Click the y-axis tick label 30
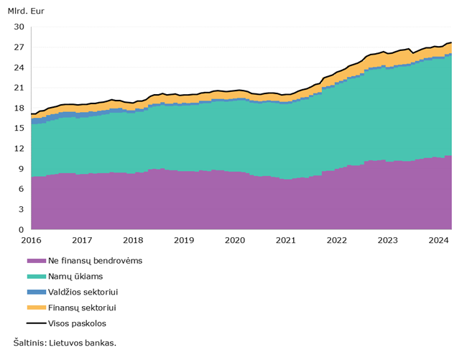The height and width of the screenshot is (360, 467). (x=19, y=27)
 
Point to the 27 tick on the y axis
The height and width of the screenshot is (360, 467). (x=19, y=47)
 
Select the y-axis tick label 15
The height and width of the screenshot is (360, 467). (x=19, y=128)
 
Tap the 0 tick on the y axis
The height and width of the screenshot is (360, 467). (x=21, y=229)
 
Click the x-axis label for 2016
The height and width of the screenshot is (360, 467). (x=31, y=240)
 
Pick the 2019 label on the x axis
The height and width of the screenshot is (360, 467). (x=184, y=240)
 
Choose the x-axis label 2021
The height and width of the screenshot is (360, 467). (x=286, y=240)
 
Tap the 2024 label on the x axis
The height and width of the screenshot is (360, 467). (x=438, y=240)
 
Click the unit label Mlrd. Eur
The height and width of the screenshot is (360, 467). (x=26, y=11)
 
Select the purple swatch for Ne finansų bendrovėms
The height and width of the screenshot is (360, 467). (x=37, y=261)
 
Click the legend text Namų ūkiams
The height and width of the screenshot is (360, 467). (x=75, y=277)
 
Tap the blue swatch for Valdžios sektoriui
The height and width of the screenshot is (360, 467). (x=37, y=292)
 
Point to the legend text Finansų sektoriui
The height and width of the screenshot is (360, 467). (x=82, y=308)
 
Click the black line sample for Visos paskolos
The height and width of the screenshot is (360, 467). (x=37, y=323)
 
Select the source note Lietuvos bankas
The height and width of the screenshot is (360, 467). (x=83, y=343)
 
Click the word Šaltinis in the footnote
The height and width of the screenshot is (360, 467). (x=30, y=343)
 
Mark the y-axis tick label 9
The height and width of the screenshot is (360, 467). (x=21, y=169)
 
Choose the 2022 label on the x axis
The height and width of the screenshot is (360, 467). (x=336, y=240)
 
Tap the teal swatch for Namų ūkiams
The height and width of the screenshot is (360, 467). (x=37, y=277)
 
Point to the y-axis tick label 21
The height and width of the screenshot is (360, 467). (x=19, y=88)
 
